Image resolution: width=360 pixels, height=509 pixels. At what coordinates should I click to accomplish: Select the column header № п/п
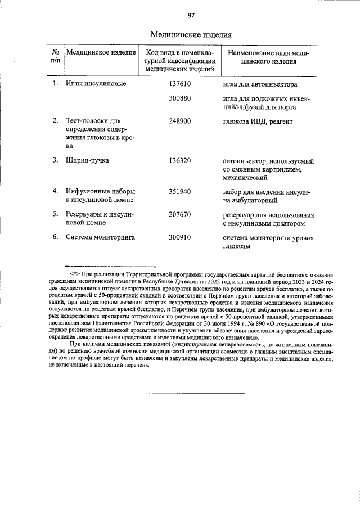55,56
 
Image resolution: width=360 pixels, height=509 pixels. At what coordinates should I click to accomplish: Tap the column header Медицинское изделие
101,52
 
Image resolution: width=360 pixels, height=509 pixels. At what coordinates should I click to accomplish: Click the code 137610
180,84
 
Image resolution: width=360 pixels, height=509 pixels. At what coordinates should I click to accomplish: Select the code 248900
180,121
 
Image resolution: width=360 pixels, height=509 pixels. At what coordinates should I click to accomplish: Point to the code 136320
180,160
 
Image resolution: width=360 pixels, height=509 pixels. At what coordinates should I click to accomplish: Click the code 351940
180,192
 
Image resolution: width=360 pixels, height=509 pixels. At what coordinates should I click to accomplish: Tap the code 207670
180,214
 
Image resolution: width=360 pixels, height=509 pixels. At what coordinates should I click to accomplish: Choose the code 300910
180,237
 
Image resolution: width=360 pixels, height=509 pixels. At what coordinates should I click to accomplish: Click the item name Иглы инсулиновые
96,84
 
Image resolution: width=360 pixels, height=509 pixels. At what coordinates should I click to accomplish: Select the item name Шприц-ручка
87,160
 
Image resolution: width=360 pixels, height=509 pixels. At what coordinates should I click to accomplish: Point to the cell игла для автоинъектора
260,84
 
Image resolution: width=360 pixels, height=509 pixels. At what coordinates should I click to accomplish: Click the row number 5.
55,214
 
